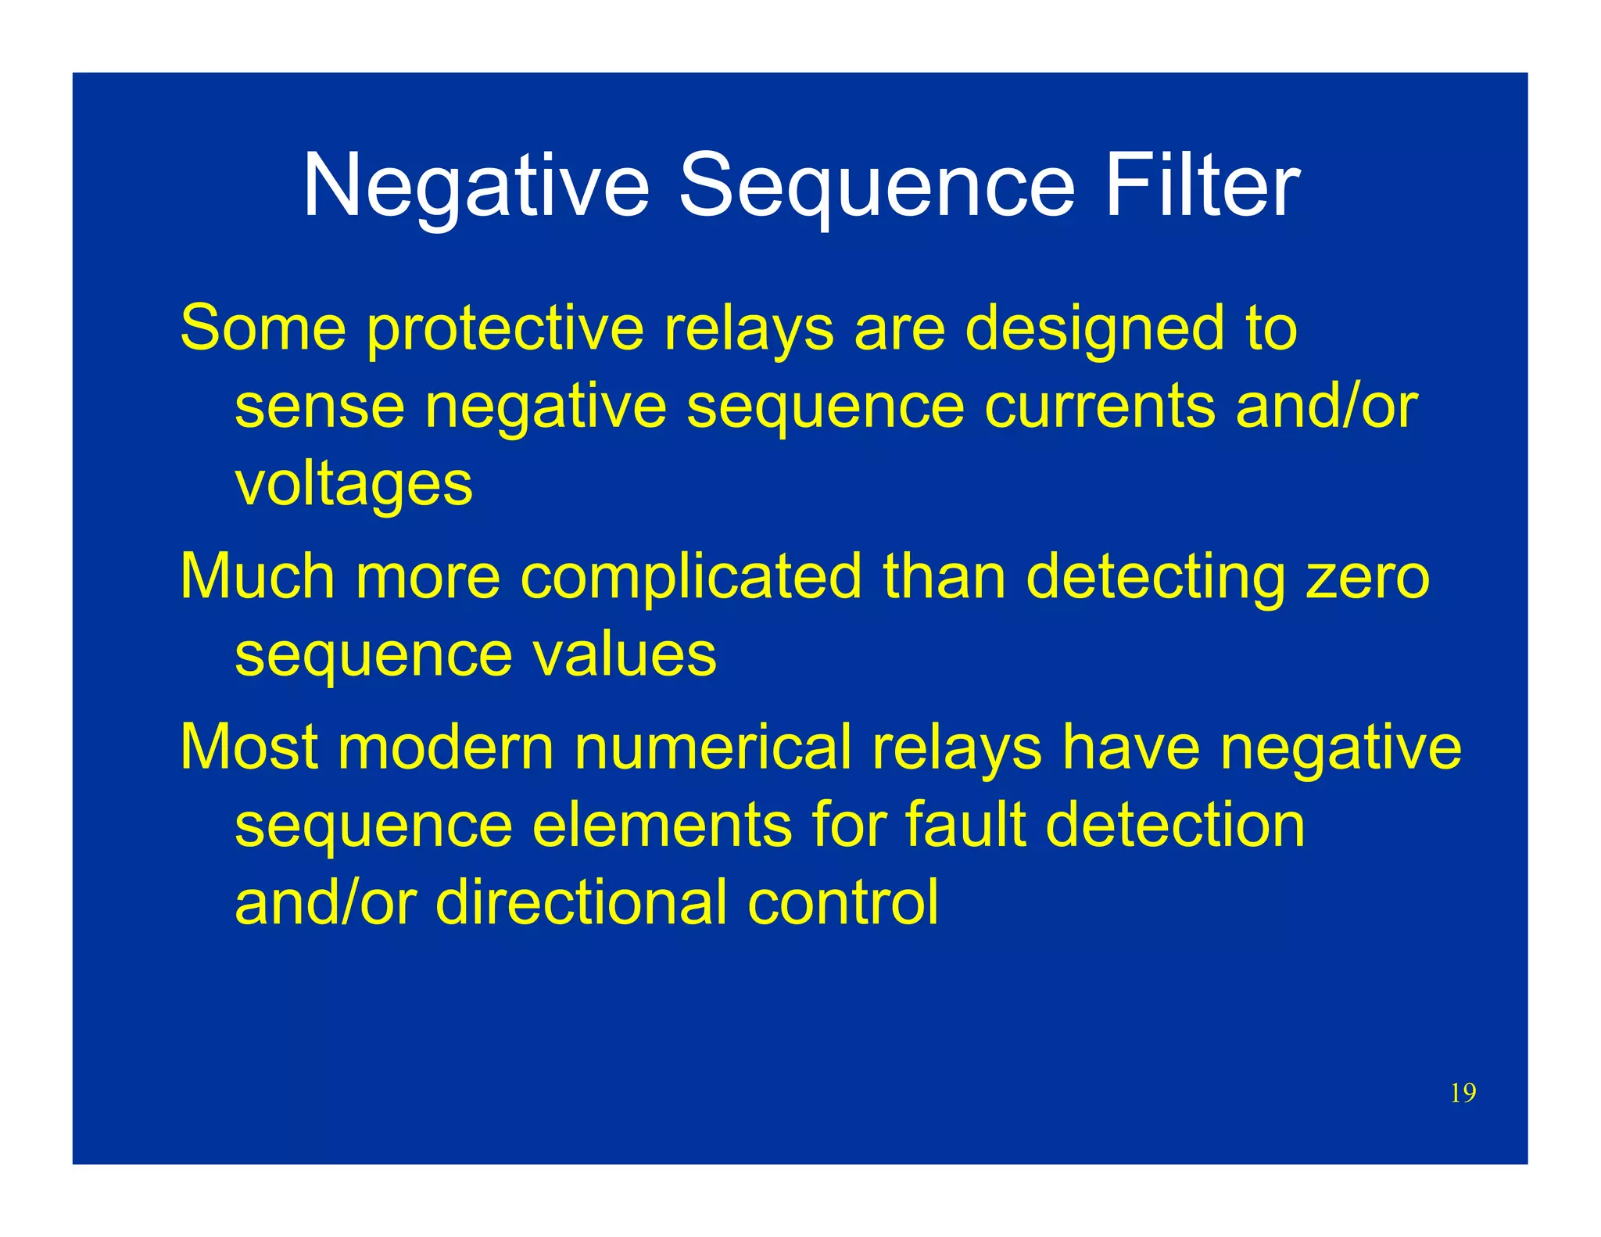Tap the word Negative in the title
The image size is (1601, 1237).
[x=475, y=186]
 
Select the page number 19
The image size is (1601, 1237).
[x=1463, y=1093]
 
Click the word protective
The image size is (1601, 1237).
[x=505, y=328]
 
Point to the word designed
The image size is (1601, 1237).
[x=1094, y=328]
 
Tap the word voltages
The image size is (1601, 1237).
[x=353, y=485]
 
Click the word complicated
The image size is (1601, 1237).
[x=691, y=576]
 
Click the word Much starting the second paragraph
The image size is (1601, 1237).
[x=257, y=576]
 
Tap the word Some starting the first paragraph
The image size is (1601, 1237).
[x=263, y=328]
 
